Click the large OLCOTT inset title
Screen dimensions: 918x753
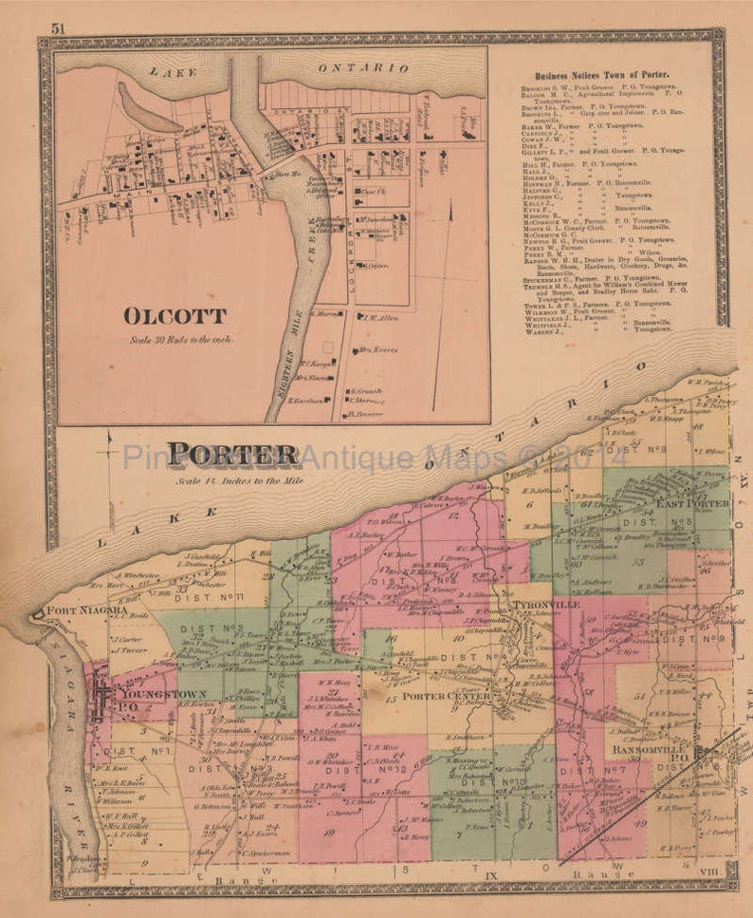coord(174,316)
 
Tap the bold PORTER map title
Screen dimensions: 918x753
coord(230,455)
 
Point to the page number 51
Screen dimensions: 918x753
coord(59,28)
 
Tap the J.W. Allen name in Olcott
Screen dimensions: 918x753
coord(379,319)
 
